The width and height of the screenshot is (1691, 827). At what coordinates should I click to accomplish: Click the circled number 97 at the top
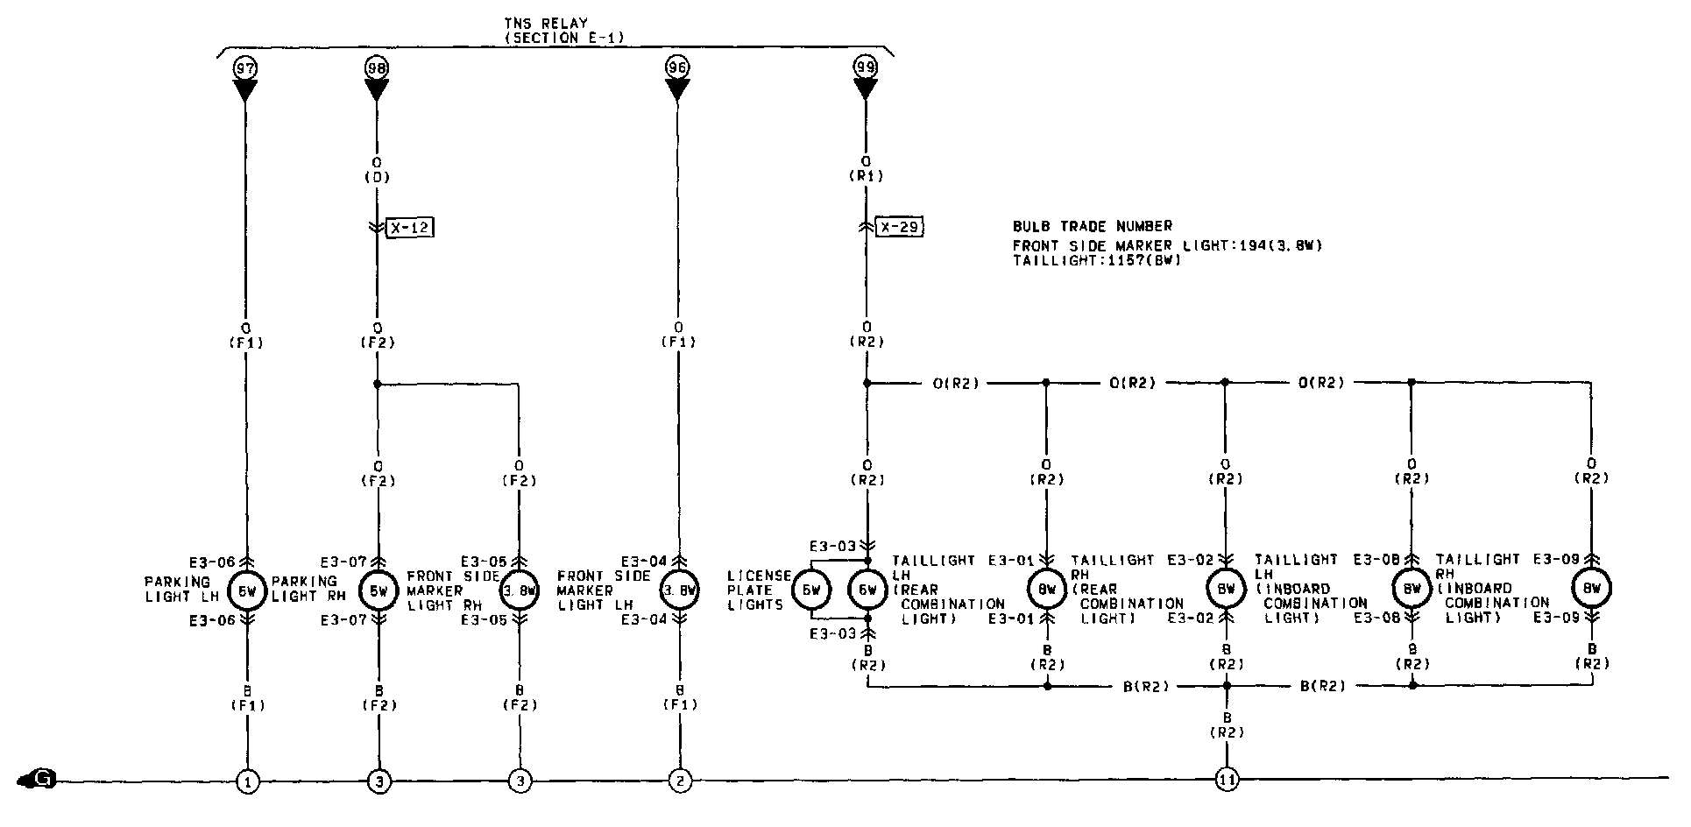(244, 67)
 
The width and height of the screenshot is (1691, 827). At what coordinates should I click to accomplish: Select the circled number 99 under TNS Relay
(866, 67)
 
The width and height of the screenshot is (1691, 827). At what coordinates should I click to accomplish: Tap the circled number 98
(377, 67)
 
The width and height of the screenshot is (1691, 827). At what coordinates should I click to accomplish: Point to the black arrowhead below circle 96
(676, 90)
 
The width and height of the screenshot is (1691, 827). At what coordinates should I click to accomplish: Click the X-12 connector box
(410, 228)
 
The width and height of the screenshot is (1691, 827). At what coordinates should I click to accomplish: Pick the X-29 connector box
(900, 228)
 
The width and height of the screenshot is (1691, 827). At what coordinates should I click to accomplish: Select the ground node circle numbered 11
(1227, 780)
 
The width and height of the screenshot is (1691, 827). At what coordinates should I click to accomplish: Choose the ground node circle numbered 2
(678, 781)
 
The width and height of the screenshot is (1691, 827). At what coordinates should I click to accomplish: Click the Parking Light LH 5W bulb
(246, 591)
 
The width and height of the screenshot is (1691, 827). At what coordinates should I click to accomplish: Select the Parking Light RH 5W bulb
(379, 591)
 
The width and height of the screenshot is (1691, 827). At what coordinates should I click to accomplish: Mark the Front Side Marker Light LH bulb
(680, 591)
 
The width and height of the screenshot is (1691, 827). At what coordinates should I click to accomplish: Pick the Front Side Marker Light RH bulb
(520, 591)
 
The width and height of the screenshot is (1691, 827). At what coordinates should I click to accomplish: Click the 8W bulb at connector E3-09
(1591, 589)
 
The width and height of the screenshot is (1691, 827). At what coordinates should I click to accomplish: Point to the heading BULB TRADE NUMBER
(1092, 226)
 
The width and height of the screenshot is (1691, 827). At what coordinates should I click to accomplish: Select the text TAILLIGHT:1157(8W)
(1096, 260)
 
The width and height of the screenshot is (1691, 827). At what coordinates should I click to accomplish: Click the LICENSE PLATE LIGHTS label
(758, 590)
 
